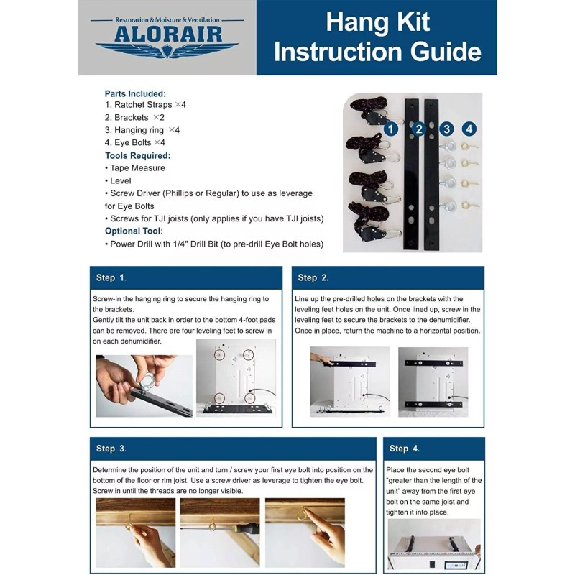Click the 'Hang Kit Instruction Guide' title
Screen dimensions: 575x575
click(377, 37)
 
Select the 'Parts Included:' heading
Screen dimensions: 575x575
click(135, 93)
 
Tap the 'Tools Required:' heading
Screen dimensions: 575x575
click(137, 155)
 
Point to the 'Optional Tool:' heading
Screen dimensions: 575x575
click(134, 231)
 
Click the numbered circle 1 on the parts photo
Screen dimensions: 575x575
click(390, 129)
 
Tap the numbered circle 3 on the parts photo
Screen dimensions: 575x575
click(447, 129)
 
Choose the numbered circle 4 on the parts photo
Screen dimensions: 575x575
click(469, 129)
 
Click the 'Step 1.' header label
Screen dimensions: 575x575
click(111, 277)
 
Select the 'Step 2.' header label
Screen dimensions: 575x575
click(313, 277)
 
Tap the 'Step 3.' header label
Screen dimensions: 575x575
click(111, 448)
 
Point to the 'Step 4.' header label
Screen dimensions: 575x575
click(404, 448)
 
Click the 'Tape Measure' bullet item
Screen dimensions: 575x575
click(137, 167)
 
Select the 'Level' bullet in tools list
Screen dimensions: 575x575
click(120, 180)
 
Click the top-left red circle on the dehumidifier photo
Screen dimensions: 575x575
click(220, 354)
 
